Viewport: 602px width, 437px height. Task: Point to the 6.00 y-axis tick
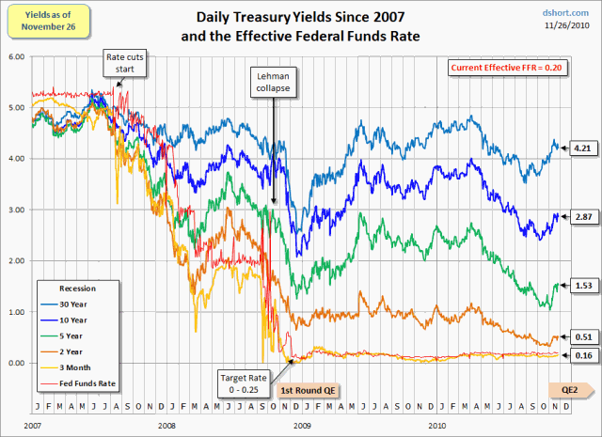click(16, 56)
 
